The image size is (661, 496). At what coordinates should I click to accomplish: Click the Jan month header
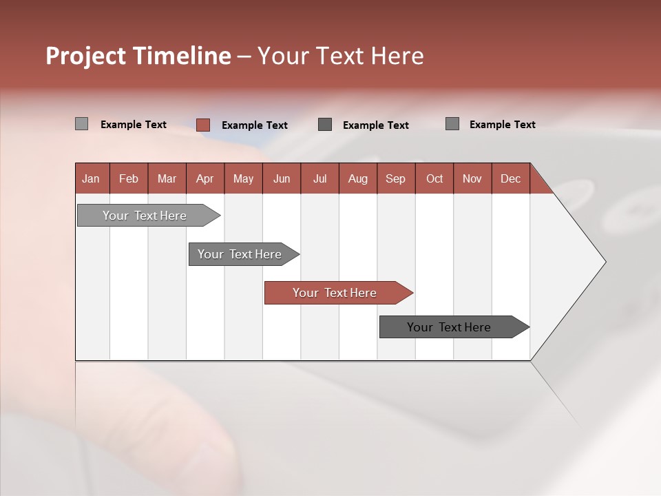[92, 178]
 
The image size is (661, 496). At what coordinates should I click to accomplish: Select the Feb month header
[129, 178]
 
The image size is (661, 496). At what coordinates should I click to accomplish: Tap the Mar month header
[167, 178]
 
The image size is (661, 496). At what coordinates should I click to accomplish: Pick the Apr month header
[205, 178]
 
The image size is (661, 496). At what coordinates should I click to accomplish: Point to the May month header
[243, 178]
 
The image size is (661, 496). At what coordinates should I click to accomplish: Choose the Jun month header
[282, 178]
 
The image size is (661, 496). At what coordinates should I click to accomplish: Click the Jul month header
[319, 178]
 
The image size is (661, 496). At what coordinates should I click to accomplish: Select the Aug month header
[358, 178]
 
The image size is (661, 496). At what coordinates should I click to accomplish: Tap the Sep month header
[396, 178]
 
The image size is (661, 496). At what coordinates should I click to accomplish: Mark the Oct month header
[434, 178]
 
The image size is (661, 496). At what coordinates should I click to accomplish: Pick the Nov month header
[472, 178]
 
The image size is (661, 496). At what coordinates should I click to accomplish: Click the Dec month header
[511, 178]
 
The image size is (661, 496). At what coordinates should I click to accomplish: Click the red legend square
[202, 125]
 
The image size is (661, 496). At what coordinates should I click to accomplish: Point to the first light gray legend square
[81, 124]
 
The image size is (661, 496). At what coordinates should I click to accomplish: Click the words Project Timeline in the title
[138, 56]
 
